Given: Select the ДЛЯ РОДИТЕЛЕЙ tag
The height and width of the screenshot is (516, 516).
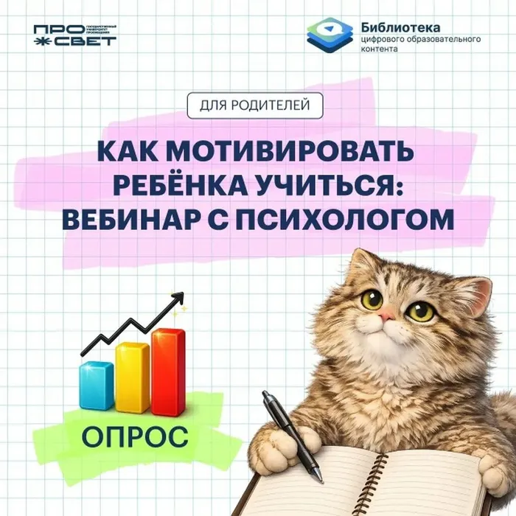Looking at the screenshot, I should [x=255, y=105].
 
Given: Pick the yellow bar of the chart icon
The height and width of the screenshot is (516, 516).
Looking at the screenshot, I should [x=132, y=378].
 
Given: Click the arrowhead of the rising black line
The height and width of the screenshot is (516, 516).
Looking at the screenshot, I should [x=178, y=298].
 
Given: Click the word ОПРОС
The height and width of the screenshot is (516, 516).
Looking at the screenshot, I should [x=134, y=435].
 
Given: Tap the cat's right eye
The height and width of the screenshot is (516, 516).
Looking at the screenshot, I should [x=420, y=310].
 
